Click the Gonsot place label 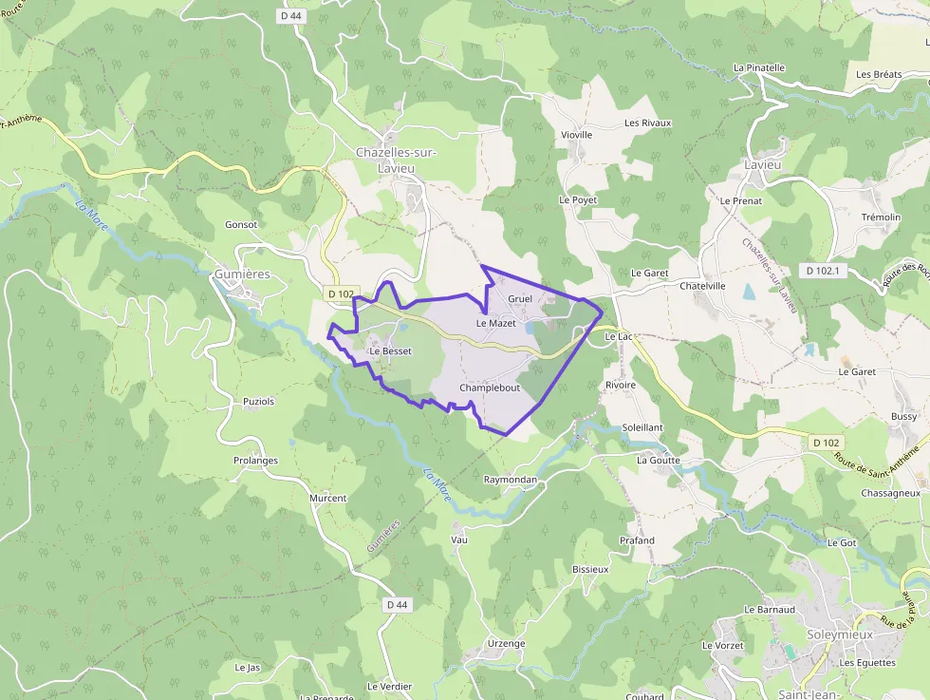tap(241, 225)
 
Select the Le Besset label tap(390, 350)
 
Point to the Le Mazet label tap(495, 324)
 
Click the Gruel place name tap(520, 299)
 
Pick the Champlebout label tap(490, 388)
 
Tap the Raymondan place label tap(511, 481)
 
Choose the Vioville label tap(576, 135)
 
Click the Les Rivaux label tap(647, 123)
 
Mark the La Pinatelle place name tap(759, 68)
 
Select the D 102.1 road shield tap(823, 271)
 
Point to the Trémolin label tap(881, 218)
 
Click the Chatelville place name tap(702, 286)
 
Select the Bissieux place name tap(590, 570)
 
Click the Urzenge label tap(506, 644)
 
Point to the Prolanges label tap(256, 461)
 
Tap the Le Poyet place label tap(577, 200)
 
